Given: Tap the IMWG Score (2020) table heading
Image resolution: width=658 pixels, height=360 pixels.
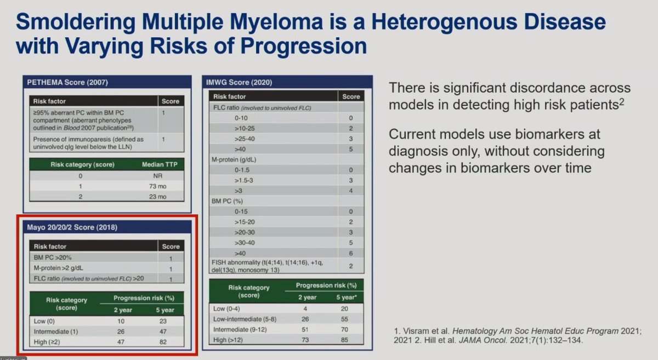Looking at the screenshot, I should [x=239, y=83].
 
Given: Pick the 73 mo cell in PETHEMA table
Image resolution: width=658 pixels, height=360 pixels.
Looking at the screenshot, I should [x=157, y=187].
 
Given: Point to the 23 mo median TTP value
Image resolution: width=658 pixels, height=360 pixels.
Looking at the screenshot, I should [x=157, y=197].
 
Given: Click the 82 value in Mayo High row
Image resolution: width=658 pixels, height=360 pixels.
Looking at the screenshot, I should [x=162, y=342].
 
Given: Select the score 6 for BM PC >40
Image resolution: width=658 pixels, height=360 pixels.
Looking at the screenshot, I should [x=350, y=253].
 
